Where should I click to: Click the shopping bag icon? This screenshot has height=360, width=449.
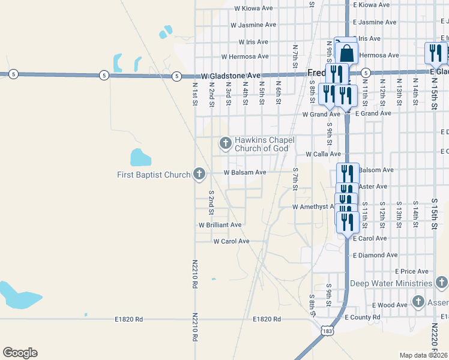346,53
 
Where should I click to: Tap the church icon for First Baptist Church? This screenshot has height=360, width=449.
200,175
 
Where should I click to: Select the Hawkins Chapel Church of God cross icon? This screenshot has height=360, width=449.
226,143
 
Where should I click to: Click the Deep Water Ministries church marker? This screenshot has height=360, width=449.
441,283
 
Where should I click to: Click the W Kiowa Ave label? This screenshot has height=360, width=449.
253,8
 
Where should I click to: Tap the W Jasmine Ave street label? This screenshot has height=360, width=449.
253,25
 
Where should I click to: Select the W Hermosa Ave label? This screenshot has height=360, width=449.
244,56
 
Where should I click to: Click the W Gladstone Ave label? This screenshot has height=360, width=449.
231,76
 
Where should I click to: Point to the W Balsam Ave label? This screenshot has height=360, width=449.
244,172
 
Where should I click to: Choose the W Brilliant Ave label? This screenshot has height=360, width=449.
220,225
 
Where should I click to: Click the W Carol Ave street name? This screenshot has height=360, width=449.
231,241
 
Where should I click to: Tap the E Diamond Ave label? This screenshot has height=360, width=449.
375,255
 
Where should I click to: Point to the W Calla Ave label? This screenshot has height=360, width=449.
323,154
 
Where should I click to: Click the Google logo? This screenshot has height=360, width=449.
20,353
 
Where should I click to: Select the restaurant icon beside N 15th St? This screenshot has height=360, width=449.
435,53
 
